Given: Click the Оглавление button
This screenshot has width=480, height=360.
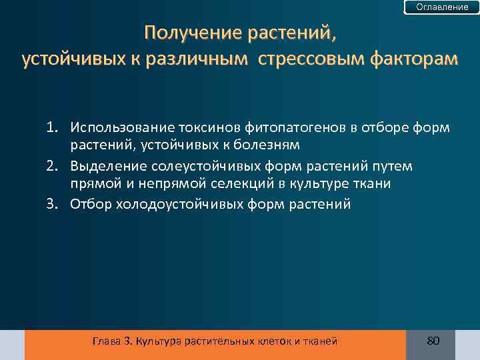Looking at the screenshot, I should [442, 7].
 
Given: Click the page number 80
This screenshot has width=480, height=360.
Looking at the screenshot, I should [433, 341].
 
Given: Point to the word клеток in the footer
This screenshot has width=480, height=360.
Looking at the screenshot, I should [271, 341].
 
